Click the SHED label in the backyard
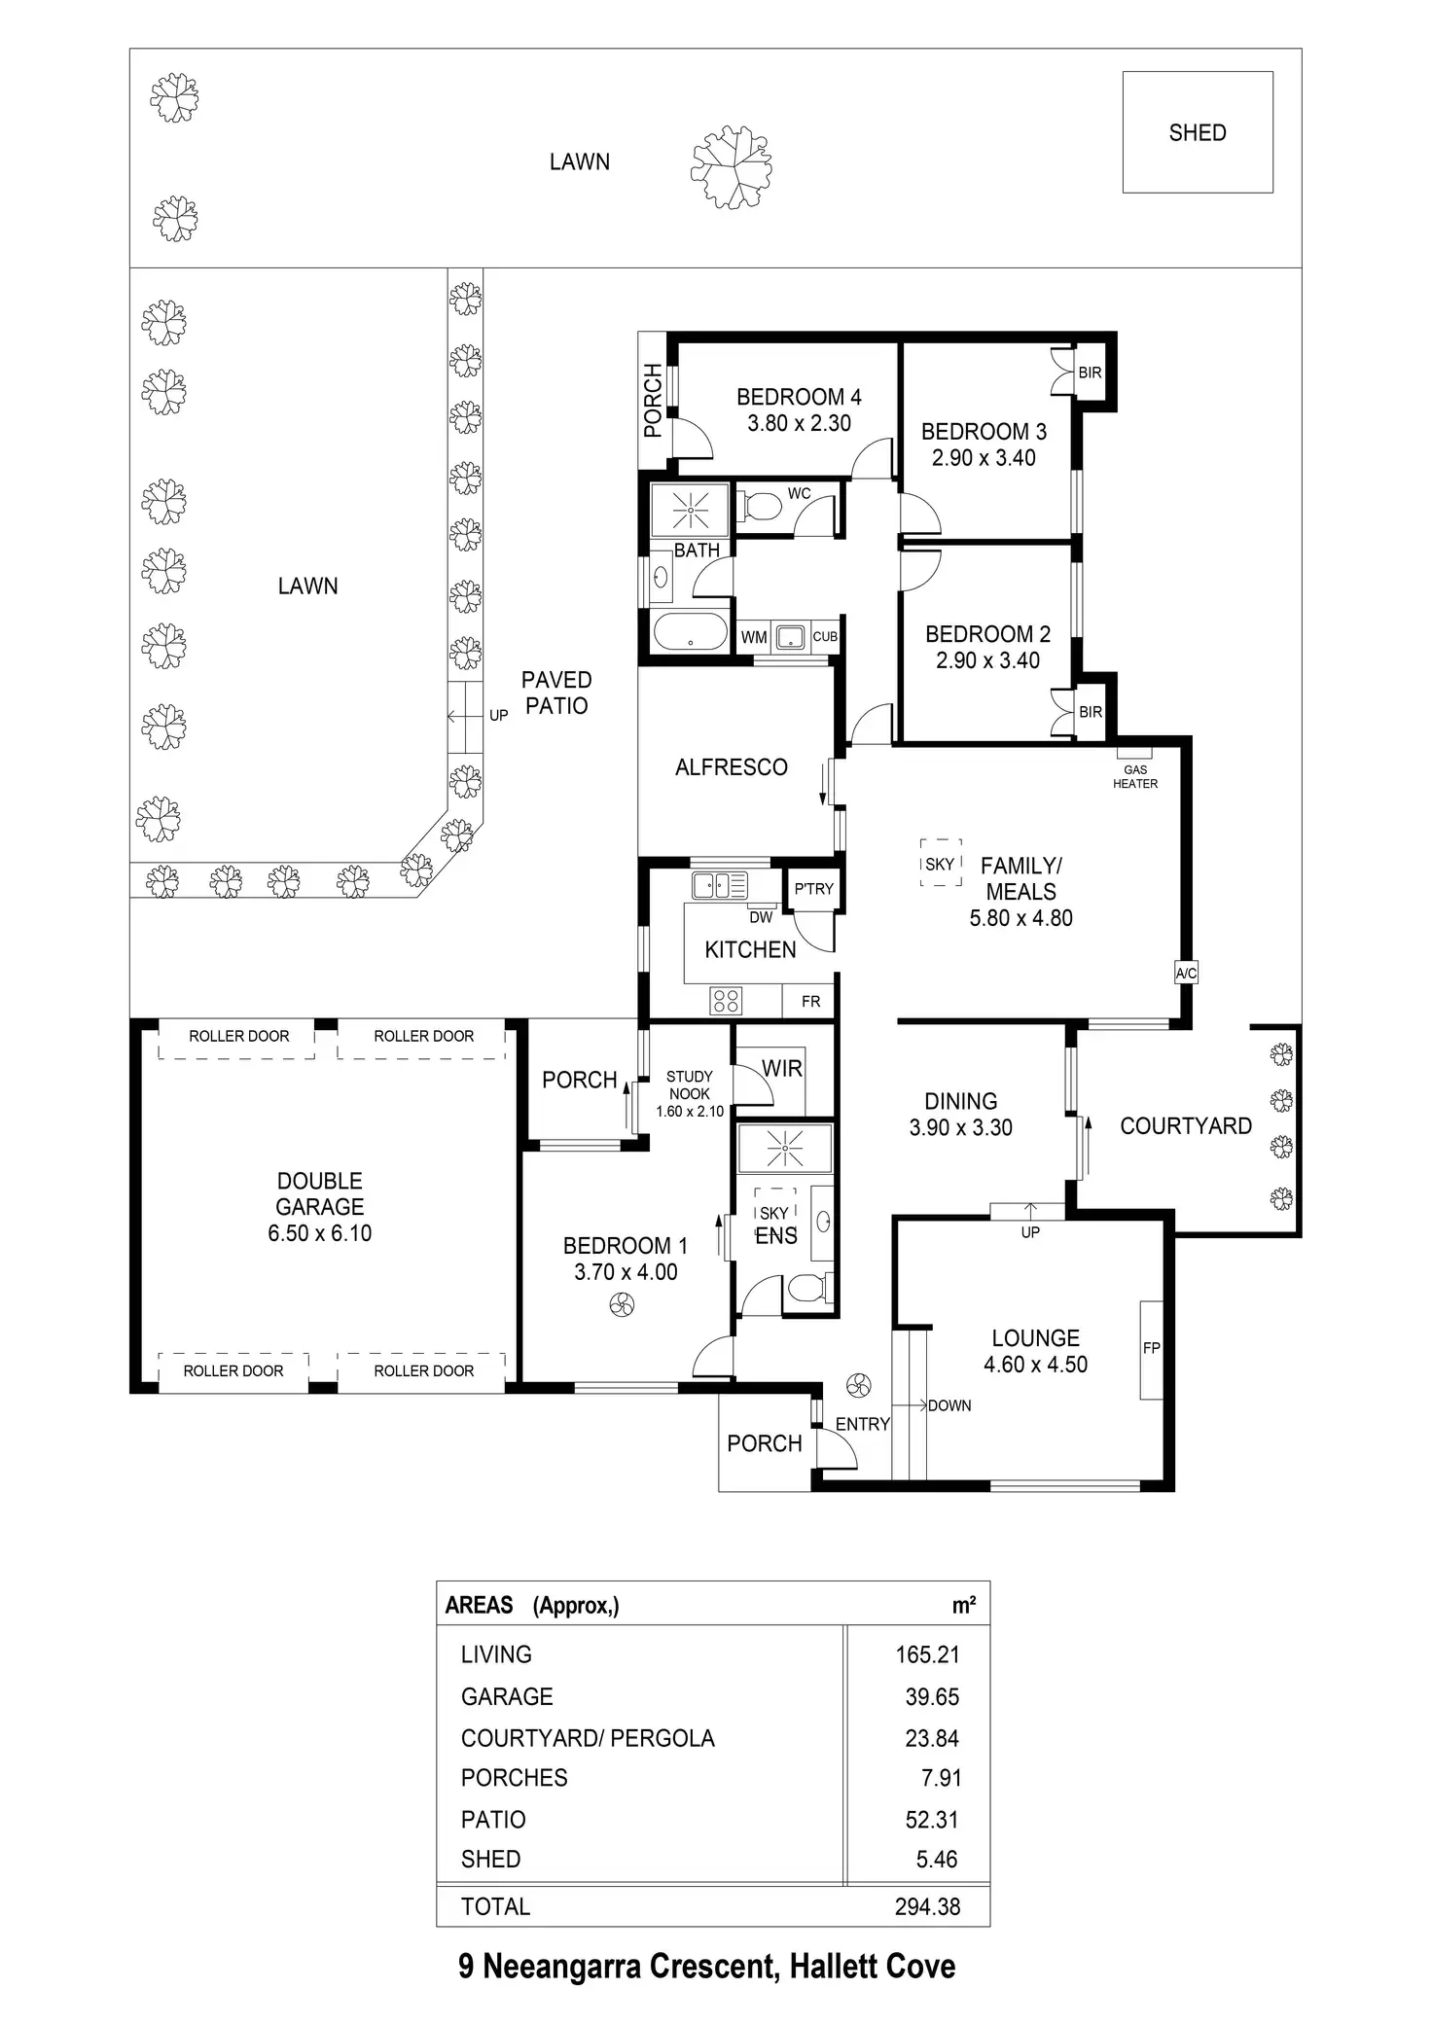tap(1197, 132)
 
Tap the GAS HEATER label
tap(1134, 776)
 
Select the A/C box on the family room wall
tap(1186, 973)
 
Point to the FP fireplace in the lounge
tap(1151, 1348)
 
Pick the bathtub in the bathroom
tap(690, 632)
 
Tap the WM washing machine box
tap(754, 637)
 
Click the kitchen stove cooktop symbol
tap(727, 1000)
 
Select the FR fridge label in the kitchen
tap(810, 1001)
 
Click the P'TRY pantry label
tap(813, 888)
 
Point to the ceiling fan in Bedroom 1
tap(623, 1304)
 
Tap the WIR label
tap(782, 1068)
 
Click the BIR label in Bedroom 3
tap(1090, 373)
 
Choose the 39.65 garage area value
tap(932, 1696)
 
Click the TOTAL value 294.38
tap(927, 1906)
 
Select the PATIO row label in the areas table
tap(493, 1819)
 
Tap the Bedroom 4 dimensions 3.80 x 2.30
tap(799, 423)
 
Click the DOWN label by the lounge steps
tap(949, 1405)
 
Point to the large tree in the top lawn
tap(732, 166)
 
